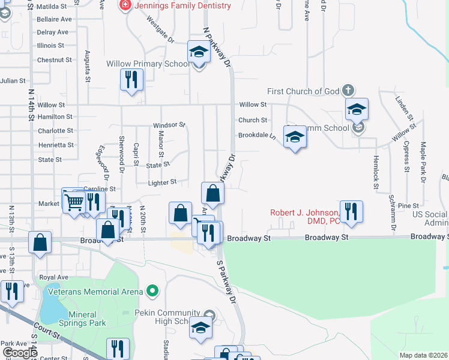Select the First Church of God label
pos(303,91)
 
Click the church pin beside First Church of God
pos(348,91)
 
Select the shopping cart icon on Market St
pos(73,202)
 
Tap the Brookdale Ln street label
pos(256,136)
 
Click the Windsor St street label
pos(169,125)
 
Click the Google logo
pos(19,353)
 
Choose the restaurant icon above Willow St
pos(131,80)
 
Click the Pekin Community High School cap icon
pos(200,328)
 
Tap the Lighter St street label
pos(162,182)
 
